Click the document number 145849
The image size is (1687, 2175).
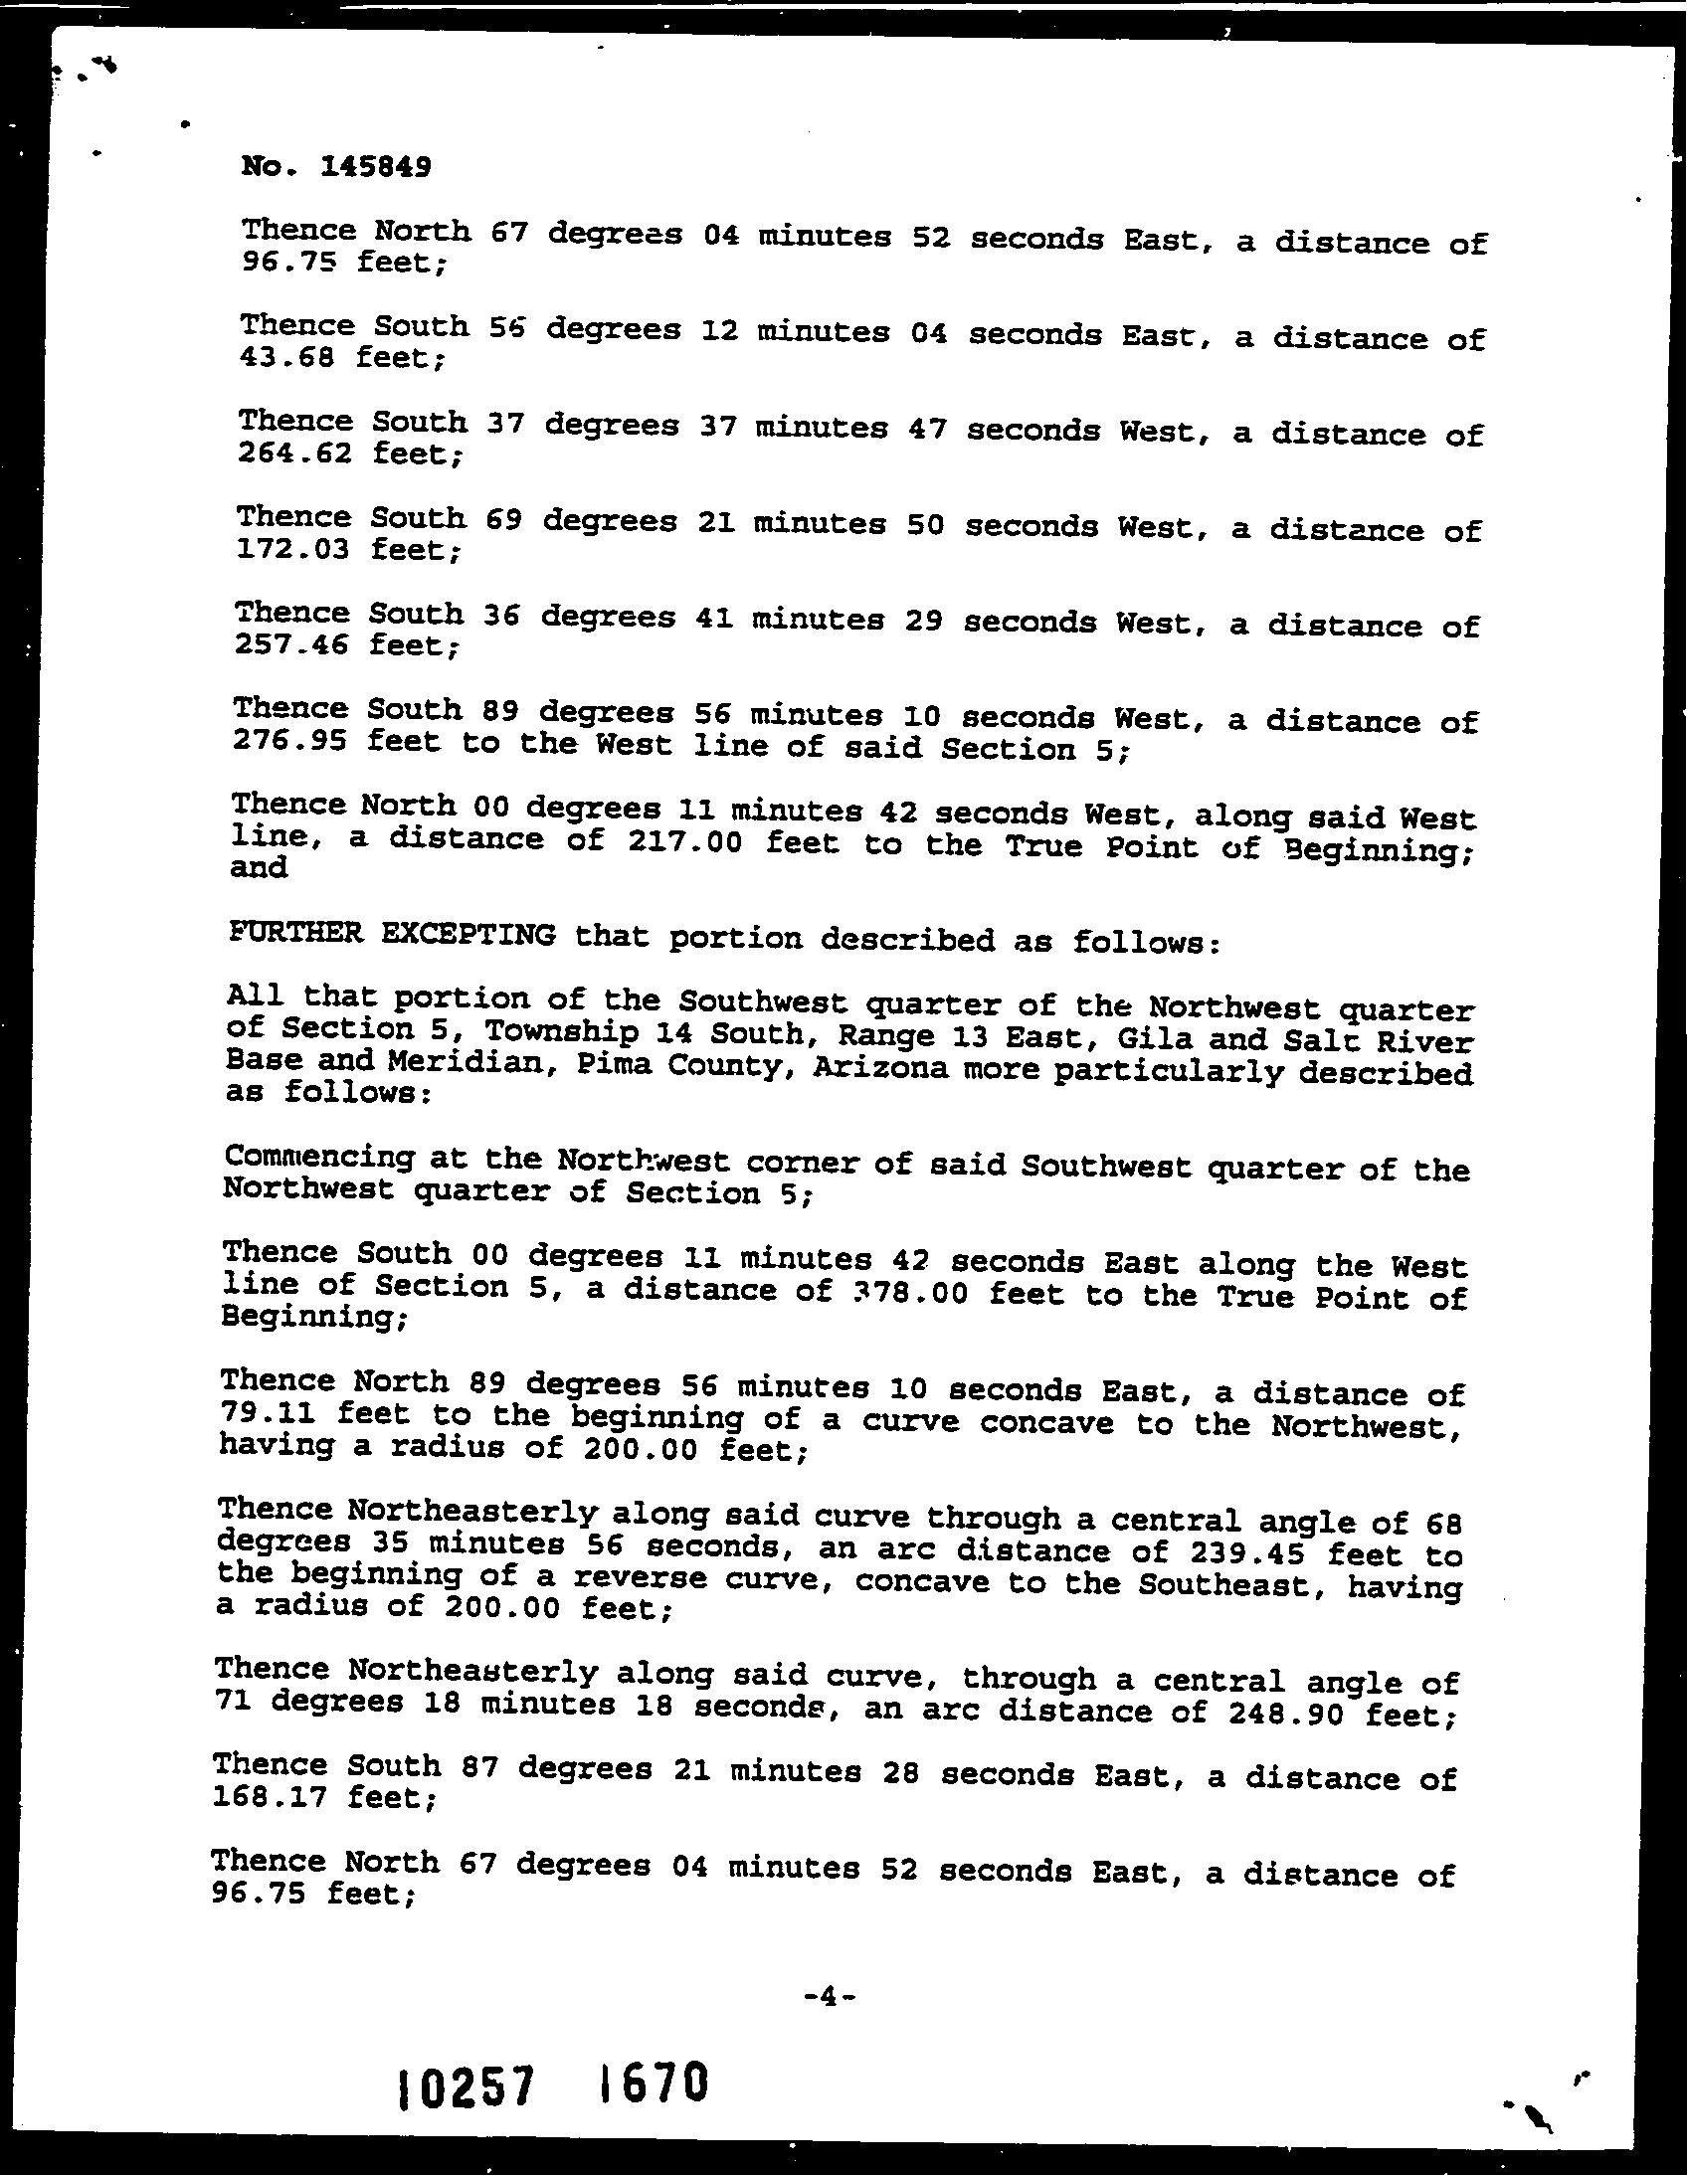pyautogui.click(x=375, y=166)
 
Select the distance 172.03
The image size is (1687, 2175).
pyautogui.click(x=291, y=549)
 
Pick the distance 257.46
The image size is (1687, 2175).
pyautogui.click(x=289, y=644)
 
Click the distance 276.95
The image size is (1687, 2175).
pyautogui.click(x=288, y=741)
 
